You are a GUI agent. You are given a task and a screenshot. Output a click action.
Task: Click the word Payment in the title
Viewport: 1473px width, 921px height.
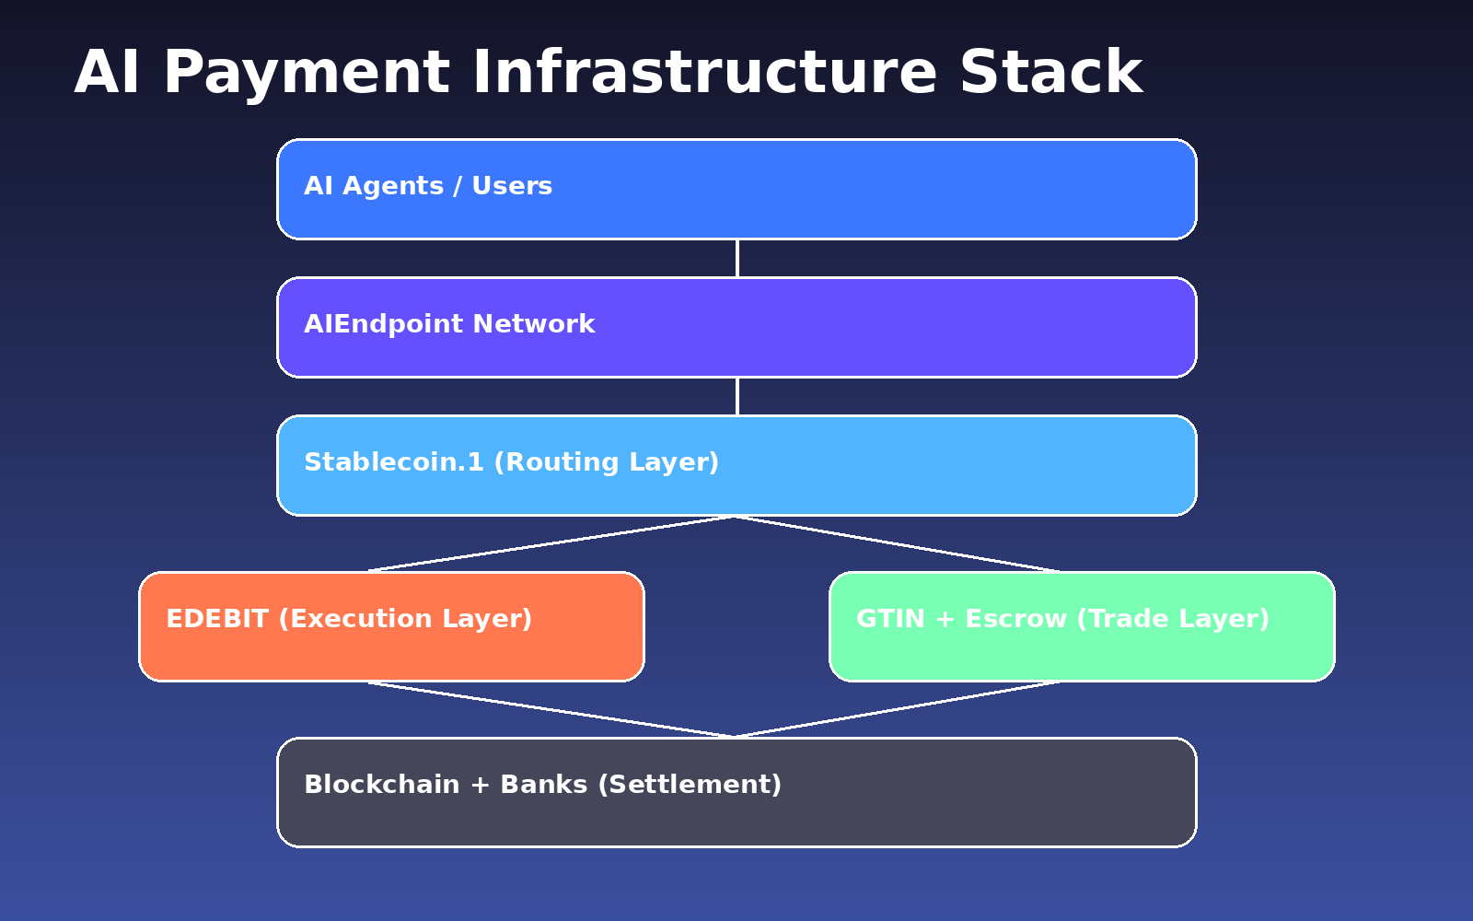pyautogui.click(x=307, y=74)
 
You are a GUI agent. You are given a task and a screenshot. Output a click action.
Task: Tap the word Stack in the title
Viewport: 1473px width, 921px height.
pyautogui.click(x=1050, y=74)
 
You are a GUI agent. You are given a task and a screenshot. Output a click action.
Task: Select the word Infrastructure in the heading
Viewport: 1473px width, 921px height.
pyautogui.click(x=704, y=74)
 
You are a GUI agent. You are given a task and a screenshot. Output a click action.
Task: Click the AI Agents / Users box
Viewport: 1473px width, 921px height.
pyautogui.click(x=736, y=189)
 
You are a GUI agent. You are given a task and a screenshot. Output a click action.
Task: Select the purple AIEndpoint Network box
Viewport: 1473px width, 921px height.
pyautogui.click(x=736, y=327)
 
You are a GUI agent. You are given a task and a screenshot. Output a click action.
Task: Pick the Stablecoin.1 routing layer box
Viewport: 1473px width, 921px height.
pyautogui.click(x=736, y=465)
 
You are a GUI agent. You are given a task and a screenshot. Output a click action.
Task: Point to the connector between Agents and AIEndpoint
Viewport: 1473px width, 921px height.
pyautogui.click(x=736, y=258)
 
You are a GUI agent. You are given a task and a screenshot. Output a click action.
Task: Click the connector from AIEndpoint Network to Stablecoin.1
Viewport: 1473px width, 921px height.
pyautogui.click(x=736, y=396)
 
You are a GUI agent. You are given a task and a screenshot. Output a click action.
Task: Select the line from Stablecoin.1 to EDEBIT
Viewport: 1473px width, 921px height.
pyautogui.click(x=552, y=543)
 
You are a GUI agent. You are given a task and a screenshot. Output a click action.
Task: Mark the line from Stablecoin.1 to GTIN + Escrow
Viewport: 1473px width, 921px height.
pyautogui.click(x=898, y=543)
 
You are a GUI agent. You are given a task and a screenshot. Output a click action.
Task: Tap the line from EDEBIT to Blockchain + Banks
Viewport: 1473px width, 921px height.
pyautogui.click(x=552, y=710)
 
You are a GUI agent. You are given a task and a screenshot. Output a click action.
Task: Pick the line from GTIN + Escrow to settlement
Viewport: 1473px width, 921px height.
pyautogui.click(x=898, y=710)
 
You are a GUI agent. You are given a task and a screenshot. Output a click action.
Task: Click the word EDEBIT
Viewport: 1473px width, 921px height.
pyautogui.click(x=217, y=619)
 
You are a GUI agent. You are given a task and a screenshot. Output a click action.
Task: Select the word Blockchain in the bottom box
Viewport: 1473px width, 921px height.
pyautogui.click(x=382, y=785)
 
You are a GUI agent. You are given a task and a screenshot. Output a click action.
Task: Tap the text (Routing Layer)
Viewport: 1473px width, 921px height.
pyautogui.click(x=606, y=462)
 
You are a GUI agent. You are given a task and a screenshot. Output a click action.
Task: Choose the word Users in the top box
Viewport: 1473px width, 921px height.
pyautogui.click(x=512, y=186)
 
